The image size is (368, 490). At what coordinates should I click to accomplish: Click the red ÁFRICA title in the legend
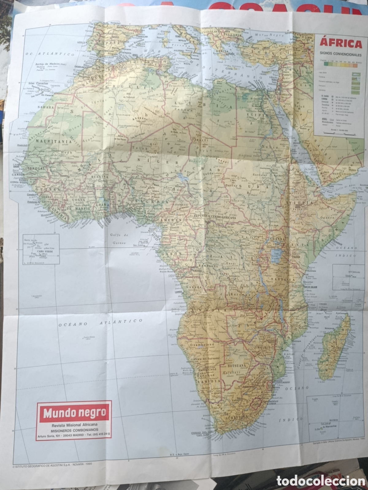click(341, 44)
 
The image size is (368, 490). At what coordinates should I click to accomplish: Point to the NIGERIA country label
click(151, 201)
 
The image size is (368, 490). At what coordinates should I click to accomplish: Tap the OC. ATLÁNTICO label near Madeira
click(50, 54)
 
